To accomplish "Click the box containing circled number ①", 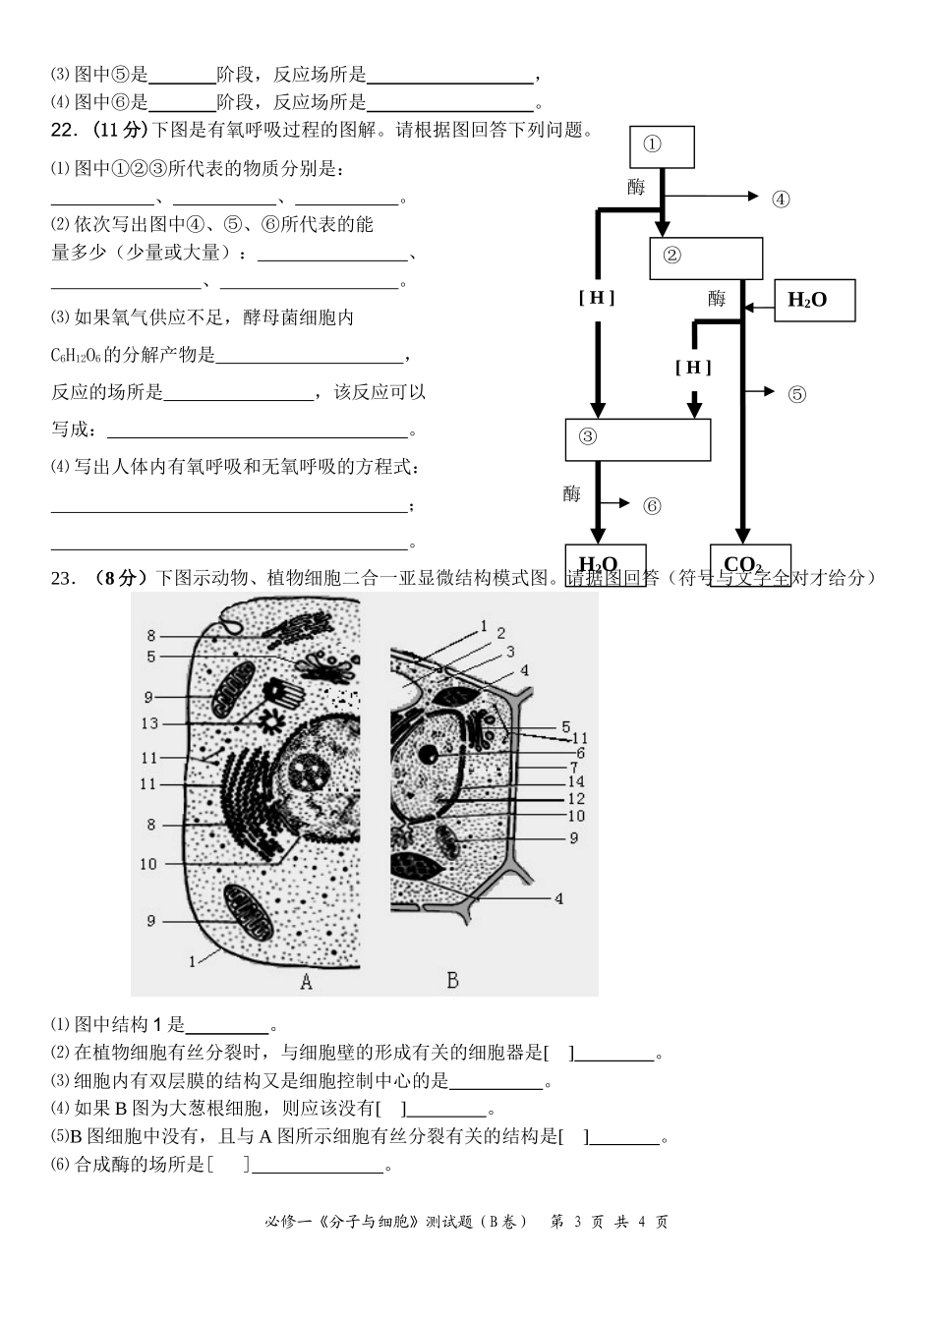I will pos(662,146).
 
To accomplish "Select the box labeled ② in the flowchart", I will pos(706,258).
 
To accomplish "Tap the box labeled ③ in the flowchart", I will pos(637,439).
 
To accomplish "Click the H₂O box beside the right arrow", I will pos(814,301).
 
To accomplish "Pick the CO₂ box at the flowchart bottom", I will pos(749,564).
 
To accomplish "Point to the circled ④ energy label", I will pos(781,200).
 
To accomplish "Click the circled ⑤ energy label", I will pos(796,394).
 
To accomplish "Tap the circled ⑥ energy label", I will pos(653,506).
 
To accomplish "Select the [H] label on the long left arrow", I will pos(596,298).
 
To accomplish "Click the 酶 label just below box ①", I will pos(636,187).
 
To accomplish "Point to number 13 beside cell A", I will pos(149,723).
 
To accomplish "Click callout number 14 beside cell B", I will pos(576,781).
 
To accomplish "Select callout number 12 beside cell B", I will pos(576,799).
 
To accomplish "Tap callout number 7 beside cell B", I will pos(574,767).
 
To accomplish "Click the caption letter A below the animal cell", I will pos(306,981).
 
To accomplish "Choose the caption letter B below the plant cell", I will pos(452,980).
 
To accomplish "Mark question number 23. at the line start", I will pos(64,578).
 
